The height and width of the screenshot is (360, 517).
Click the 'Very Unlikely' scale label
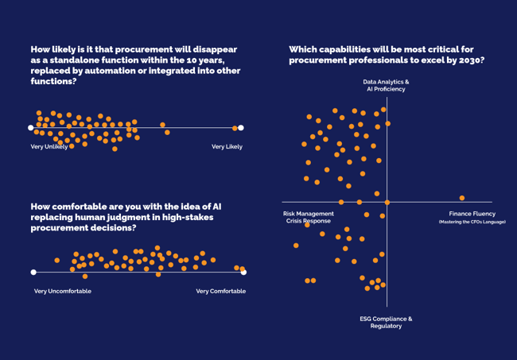pos(49,146)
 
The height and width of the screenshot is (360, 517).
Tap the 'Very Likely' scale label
pos(227,146)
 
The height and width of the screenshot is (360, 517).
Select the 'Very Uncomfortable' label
pos(63,291)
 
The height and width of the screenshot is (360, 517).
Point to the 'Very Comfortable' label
pos(220,291)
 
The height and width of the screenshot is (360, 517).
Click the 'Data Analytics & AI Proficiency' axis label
pos(386,85)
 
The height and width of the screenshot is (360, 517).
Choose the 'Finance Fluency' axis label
pos(472,214)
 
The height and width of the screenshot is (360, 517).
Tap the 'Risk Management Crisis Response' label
pos(309,217)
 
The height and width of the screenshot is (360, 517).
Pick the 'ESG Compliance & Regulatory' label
pos(386,322)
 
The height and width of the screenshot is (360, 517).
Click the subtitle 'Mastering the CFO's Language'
pos(472,222)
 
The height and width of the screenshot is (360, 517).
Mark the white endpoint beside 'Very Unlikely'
pos(31,127)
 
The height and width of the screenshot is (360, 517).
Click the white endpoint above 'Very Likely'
pos(240,127)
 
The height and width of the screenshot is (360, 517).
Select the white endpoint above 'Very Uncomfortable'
pos(33,272)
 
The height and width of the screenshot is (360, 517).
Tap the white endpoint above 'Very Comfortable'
pos(243,272)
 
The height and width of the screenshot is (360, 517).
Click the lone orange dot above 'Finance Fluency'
pos(461,198)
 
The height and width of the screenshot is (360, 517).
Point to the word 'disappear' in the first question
pos(215,49)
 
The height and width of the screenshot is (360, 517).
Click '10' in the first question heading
pos(184,60)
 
